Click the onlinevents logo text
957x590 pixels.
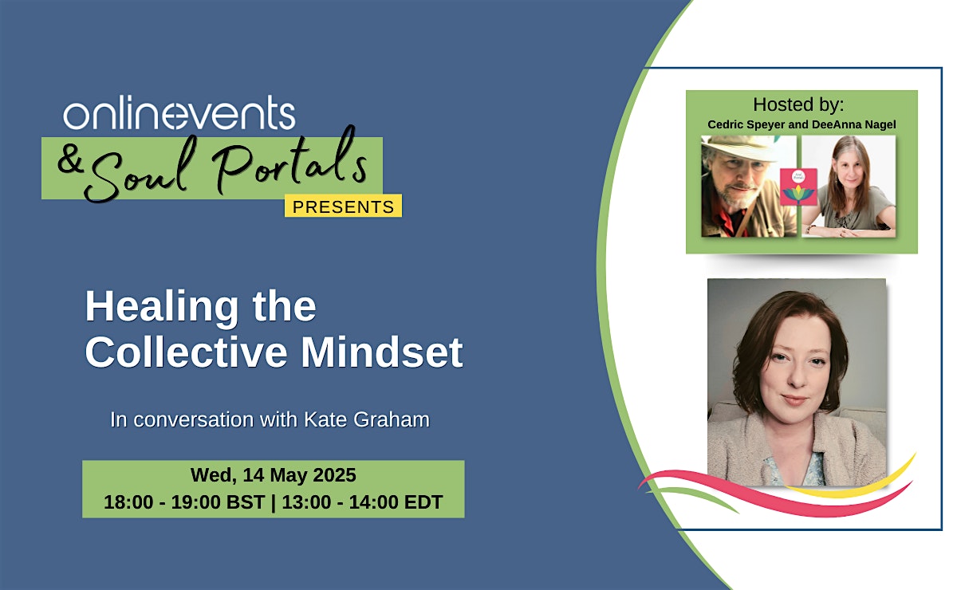tap(179, 112)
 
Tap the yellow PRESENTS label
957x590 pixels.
tap(343, 206)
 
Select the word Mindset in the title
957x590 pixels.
tap(382, 352)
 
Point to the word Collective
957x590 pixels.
tap(186, 352)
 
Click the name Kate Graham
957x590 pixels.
tap(367, 419)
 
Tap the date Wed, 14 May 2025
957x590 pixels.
tap(273, 475)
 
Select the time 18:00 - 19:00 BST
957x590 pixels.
tap(184, 502)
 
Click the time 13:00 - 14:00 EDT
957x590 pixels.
tap(362, 502)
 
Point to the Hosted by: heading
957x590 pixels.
tap(798, 104)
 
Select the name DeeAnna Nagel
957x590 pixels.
tap(853, 124)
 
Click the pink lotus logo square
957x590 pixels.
tap(798, 187)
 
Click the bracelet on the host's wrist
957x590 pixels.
tap(809, 230)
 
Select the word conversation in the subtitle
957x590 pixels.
tap(194, 420)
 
